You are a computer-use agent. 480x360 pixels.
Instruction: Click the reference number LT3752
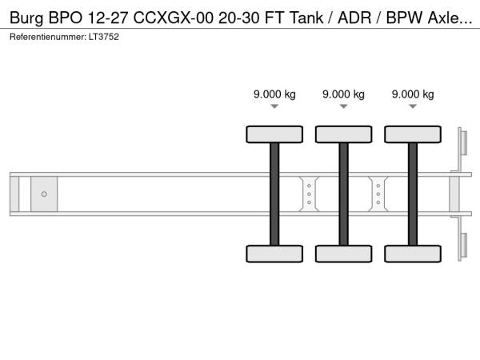[x=104, y=37]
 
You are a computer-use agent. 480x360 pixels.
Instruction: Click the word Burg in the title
[x=26, y=18]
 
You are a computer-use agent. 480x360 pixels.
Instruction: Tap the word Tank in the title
[x=306, y=18]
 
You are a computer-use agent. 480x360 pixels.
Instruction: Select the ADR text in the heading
[x=354, y=18]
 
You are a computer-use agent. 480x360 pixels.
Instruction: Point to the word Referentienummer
[x=48, y=37]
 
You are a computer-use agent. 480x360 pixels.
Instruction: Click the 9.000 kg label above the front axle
[x=274, y=94]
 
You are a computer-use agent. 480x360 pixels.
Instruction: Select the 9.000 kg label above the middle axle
[x=343, y=94]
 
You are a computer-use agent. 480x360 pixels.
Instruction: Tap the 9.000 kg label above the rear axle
[x=413, y=94]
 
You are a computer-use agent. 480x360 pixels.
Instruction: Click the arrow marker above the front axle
[x=274, y=106]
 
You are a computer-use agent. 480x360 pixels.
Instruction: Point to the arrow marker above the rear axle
[x=413, y=106]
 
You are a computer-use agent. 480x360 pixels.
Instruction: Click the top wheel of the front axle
[x=274, y=134]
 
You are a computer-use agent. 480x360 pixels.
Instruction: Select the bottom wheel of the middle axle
[x=344, y=254]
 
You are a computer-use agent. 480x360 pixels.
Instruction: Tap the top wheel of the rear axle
[x=413, y=134]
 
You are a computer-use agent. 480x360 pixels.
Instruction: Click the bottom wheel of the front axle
[x=274, y=254]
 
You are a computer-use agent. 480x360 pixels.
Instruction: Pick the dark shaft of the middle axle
[x=344, y=194]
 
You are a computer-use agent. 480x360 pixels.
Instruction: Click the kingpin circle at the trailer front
[x=44, y=194]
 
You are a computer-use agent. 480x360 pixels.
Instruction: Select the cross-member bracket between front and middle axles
[x=309, y=194]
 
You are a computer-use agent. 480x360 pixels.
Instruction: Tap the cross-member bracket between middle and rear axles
[x=378, y=194]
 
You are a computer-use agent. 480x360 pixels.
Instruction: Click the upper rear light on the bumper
[x=464, y=142]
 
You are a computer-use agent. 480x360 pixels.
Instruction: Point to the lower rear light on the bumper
[x=464, y=246]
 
